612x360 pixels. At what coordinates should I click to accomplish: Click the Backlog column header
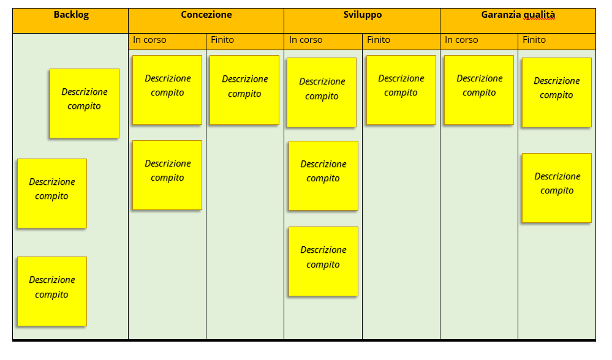point(71,15)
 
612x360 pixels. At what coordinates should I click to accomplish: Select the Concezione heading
point(206,15)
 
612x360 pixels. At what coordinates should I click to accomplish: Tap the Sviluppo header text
point(363,15)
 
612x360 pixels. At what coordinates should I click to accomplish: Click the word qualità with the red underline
point(539,15)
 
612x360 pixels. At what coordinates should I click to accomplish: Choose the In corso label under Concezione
point(149,40)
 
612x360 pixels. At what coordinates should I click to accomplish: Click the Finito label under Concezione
point(222,40)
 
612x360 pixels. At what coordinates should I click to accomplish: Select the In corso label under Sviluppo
point(306,40)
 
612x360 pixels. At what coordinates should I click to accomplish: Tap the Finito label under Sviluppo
point(379,40)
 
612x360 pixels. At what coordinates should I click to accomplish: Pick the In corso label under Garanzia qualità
point(461,40)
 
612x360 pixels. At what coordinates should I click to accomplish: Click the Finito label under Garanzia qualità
point(534,40)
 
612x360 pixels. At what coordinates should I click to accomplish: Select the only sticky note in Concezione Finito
point(244,90)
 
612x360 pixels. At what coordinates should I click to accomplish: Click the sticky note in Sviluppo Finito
point(401,90)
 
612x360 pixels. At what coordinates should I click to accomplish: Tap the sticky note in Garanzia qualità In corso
point(479,90)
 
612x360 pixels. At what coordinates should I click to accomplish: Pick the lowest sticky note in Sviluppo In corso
point(323,261)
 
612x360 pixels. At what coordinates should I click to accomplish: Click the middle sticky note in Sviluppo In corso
point(323,176)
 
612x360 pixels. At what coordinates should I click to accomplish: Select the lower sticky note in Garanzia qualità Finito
point(557,188)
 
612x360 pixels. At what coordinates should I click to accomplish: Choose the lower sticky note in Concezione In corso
point(167,175)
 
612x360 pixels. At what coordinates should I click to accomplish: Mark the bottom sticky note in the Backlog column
point(52,291)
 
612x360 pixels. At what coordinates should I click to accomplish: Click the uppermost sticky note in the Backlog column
point(85,103)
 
